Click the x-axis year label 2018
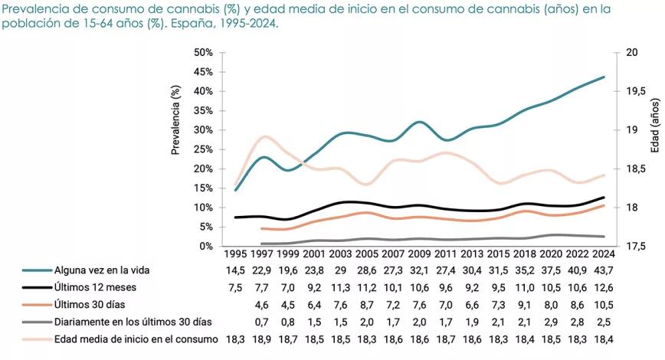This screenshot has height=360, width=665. [x=522, y=254]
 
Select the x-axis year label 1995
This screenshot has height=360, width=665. [x=235, y=254]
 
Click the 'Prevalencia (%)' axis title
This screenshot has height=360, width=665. [x=175, y=120]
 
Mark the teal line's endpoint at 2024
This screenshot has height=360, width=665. [x=604, y=77]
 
